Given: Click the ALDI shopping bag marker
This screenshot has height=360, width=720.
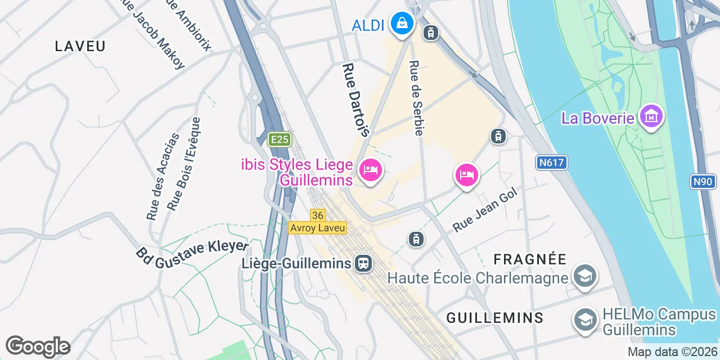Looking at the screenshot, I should pyautogui.click(x=402, y=23).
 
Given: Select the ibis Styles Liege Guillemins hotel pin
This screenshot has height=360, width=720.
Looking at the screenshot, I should pyautogui.click(x=370, y=169).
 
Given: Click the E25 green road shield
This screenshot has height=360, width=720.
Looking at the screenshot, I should pyautogui.click(x=279, y=139).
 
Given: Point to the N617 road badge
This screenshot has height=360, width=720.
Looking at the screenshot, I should pyautogui.click(x=551, y=163).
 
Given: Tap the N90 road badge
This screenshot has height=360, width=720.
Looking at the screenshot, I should pyautogui.click(x=703, y=181).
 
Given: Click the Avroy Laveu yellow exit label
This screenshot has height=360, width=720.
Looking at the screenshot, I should pyautogui.click(x=317, y=228).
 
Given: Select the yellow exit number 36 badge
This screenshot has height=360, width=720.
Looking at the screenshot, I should pyautogui.click(x=317, y=215).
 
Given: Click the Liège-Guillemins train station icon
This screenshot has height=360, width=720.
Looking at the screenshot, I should pyautogui.click(x=363, y=263).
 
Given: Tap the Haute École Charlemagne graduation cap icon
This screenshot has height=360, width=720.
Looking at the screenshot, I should pyautogui.click(x=585, y=276).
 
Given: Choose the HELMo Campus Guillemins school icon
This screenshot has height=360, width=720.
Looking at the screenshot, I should pyautogui.click(x=585, y=319).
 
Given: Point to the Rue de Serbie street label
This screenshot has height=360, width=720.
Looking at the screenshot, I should pyautogui.click(x=416, y=98).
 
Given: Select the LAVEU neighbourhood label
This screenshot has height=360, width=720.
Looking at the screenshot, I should pyautogui.click(x=80, y=46).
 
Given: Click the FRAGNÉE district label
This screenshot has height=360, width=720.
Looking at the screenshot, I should pyautogui.click(x=530, y=259).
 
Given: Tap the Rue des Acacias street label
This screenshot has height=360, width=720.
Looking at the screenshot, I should pyautogui.click(x=163, y=176).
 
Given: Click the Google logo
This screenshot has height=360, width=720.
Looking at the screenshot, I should pyautogui.click(x=38, y=346).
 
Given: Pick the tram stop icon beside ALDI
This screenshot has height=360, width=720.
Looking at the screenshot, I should pyautogui.click(x=431, y=33).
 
